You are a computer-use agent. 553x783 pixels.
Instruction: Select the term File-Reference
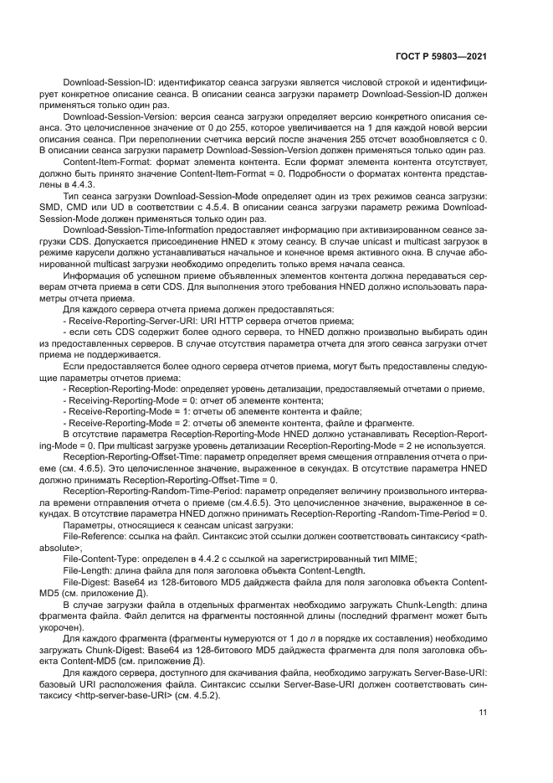[x=91, y=533]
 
